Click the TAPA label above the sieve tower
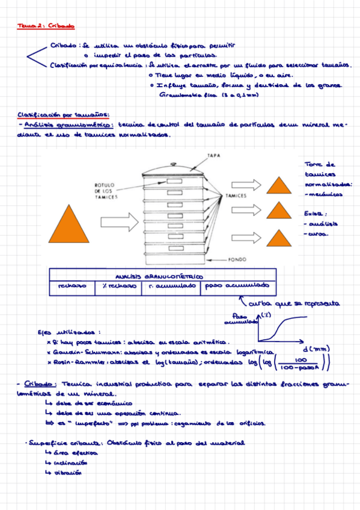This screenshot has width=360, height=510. tap(214, 155)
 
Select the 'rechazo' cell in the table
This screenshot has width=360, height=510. tap(72, 286)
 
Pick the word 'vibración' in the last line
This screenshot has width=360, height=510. tap(69, 473)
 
